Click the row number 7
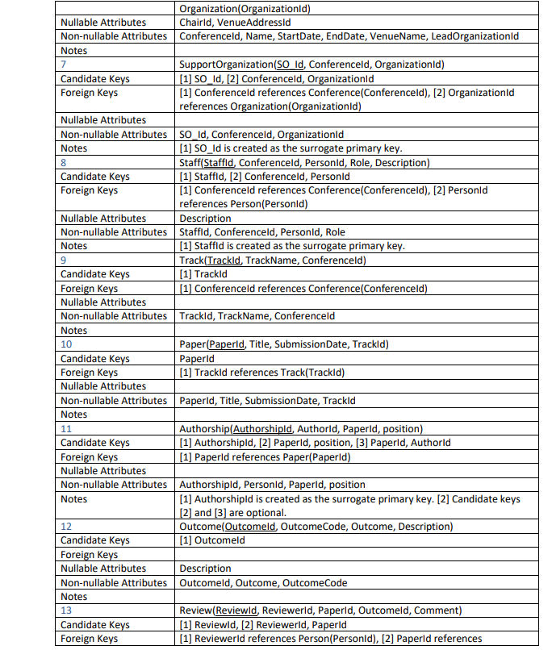[x=63, y=65]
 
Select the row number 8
[x=63, y=162]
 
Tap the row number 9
[x=63, y=260]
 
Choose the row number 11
[x=65, y=428]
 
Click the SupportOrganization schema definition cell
[x=312, y=65]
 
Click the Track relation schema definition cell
[x=273, y=260]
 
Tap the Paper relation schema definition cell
[x=284, y=344]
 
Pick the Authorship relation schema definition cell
[x=301, y=428]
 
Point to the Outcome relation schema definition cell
[x=316, y=527]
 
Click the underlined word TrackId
[x=223, y=260]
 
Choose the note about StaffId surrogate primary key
[x=291, y=246]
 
